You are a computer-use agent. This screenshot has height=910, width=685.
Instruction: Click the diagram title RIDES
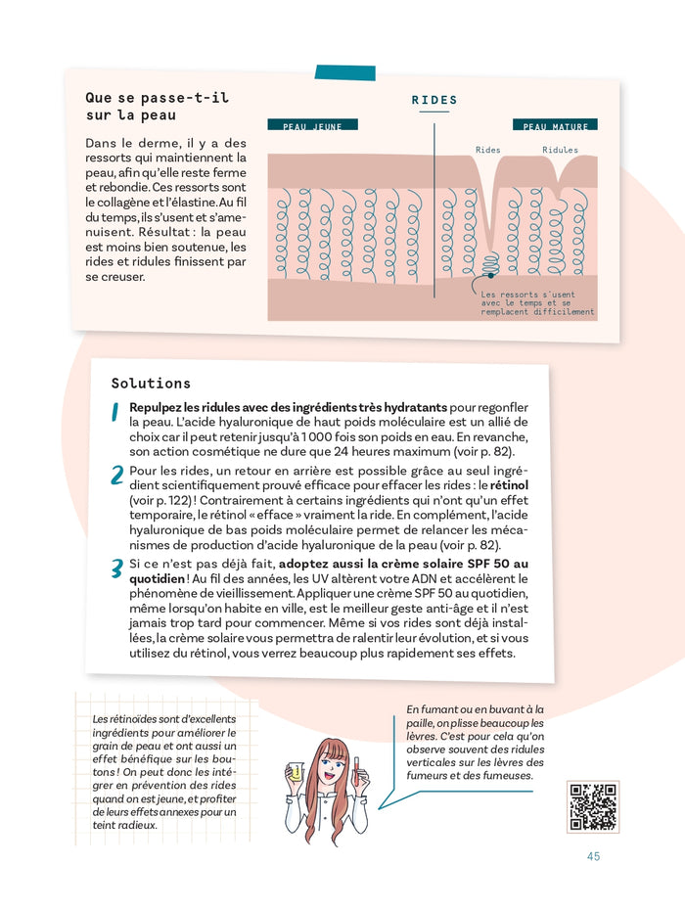pyautogui.click(x=434, y=101)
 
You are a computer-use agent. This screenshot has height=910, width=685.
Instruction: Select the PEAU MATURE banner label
pyautogui.click(x=555, y=126)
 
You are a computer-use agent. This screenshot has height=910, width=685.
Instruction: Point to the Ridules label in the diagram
pyautogui.click(x=560, y=151)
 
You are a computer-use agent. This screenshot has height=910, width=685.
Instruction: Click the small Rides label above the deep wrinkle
pyautogui.click(x=487, y=151)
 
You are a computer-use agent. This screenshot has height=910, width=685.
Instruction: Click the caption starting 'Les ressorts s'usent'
pyautogui.click(x=536, y=303)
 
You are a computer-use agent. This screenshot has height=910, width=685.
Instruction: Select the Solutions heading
pyautogui.click(x=151, y=384)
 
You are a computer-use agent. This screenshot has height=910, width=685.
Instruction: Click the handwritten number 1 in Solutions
pyautogui.click(x=114, y=414)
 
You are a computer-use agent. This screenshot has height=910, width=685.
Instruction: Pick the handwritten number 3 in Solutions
pyautogui.click(x=116, y=569)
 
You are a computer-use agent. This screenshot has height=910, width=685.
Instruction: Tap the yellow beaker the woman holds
pyautogui.click(x=295, y=772)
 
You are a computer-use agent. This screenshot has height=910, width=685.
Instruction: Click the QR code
pyautogui.click(x=592, y=806)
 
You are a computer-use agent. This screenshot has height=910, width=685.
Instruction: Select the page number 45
pyautogui.click(x=593, y=856)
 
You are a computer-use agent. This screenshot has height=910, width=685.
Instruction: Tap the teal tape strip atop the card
pyautogui.click(x=343, y=72)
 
